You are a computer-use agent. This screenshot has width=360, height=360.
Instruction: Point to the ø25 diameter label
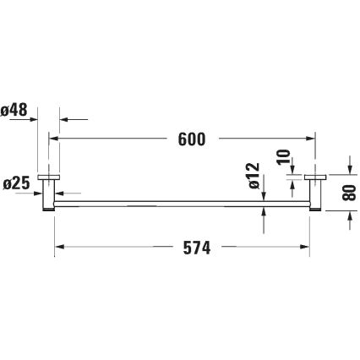pos(17,183)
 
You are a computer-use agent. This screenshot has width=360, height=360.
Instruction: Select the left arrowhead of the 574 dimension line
pos(60,248)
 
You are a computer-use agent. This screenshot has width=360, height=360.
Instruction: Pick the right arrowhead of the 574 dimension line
pos(305,248)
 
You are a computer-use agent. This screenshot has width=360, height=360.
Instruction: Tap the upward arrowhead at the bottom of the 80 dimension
pos(348,218)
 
